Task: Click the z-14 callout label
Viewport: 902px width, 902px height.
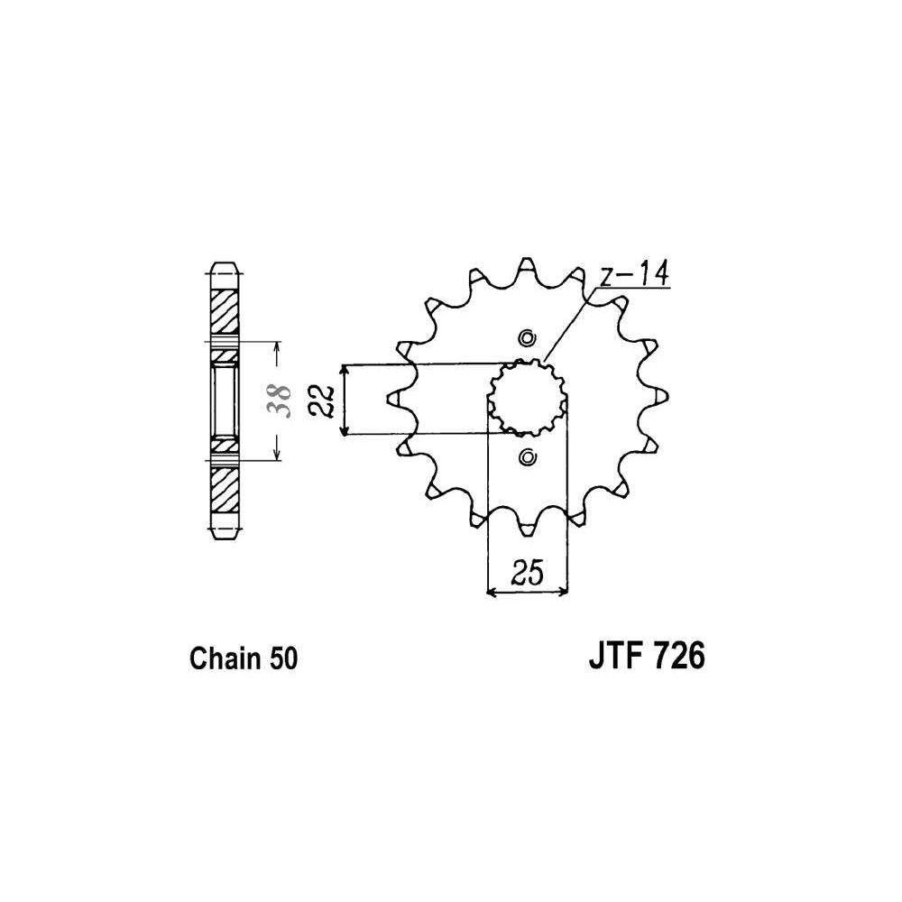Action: [x=634, y=274]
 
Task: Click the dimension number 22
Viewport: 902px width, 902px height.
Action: [x=322, y=400]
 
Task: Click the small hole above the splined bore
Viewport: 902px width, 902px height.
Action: [x=527, y=338]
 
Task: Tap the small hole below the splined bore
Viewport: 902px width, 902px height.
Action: [x=527, y=457]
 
